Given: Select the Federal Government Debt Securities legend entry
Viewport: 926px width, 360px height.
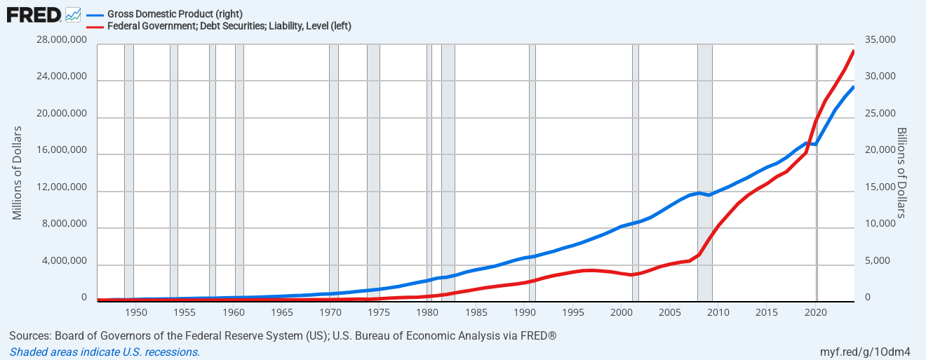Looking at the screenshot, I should (x=229, y=26).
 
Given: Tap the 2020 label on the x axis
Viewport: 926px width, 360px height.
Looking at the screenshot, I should (x=817, y=312).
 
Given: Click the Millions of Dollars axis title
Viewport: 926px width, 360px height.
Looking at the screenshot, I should (x=18, y=173).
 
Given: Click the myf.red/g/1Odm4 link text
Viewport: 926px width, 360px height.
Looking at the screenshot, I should (x=865, y=352).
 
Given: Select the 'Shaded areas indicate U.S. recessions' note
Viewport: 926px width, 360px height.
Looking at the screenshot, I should (x=105, y=352).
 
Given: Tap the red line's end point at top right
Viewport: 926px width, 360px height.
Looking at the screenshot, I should (x=853, y=51).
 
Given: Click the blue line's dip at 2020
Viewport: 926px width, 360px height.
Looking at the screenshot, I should (x=815, y=144).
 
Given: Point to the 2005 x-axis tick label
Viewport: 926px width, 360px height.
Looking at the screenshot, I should (x=671, y=312).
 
